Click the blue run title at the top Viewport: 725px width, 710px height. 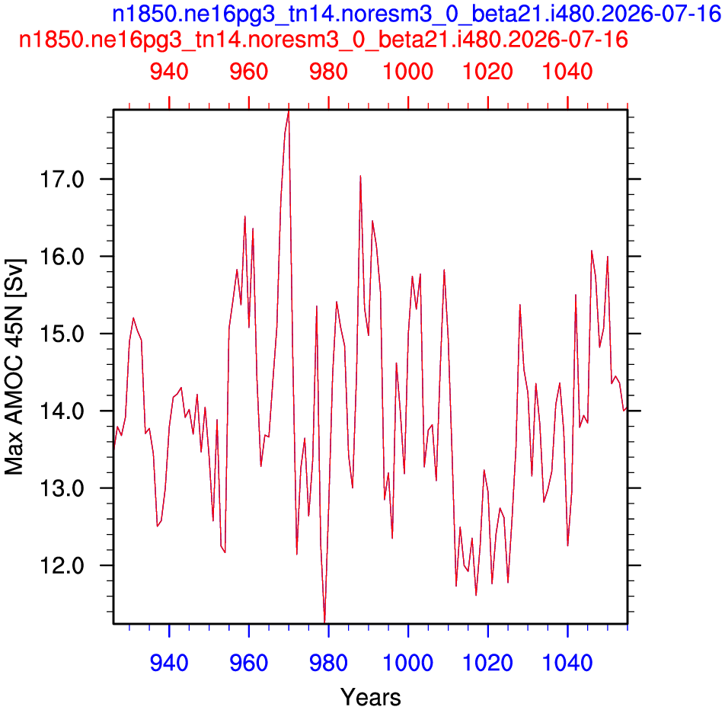417,14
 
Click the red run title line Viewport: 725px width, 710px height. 323,40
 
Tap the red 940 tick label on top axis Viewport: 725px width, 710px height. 169,72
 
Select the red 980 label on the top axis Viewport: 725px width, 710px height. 328,72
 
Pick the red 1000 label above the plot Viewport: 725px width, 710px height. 408,72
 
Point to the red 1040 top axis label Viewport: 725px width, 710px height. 567,72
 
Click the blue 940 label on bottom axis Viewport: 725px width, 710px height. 169,663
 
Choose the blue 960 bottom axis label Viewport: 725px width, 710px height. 249,663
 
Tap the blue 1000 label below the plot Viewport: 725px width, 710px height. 408,663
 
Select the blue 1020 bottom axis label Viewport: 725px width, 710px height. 488,663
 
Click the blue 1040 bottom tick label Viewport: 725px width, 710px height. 567,663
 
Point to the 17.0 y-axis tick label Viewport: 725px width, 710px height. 62,180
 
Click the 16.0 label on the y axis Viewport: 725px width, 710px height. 62,257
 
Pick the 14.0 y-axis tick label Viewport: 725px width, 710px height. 62,411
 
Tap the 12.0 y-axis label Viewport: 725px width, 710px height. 62,566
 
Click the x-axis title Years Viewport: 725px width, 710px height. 371,696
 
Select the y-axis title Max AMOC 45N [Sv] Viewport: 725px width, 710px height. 14,366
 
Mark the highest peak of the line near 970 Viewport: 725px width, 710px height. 289,111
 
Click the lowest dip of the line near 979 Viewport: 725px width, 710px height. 324,622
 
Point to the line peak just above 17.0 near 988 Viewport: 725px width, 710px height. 360,176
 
